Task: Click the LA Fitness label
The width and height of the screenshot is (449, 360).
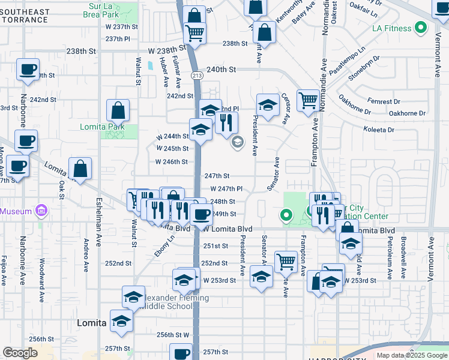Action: point(391,28)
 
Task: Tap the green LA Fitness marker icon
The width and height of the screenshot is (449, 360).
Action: point(421,28)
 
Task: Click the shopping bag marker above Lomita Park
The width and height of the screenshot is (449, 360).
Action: point(118,110)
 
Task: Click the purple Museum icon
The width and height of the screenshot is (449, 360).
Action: point(41,211)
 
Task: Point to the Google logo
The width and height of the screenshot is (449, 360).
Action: point(20,353)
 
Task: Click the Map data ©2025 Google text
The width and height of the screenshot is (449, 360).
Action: point(412,355)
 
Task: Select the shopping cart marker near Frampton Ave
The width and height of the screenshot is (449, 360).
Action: point(308,100)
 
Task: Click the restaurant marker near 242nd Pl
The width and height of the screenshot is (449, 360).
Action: point(226,123)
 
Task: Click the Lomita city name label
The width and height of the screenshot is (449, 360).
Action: point(92,323)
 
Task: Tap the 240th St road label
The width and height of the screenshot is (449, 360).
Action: point(220,70)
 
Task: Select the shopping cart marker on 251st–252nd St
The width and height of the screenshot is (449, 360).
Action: point(286,261)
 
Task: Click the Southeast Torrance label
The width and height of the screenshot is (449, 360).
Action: point(25,16)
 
